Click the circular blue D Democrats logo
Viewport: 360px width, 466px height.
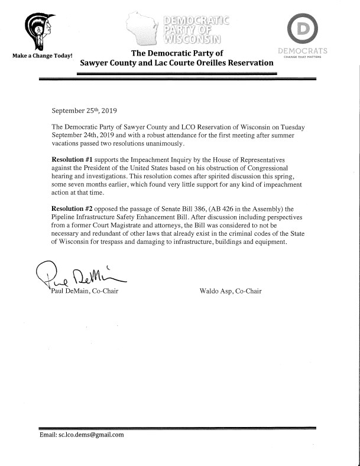pos(306,28)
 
